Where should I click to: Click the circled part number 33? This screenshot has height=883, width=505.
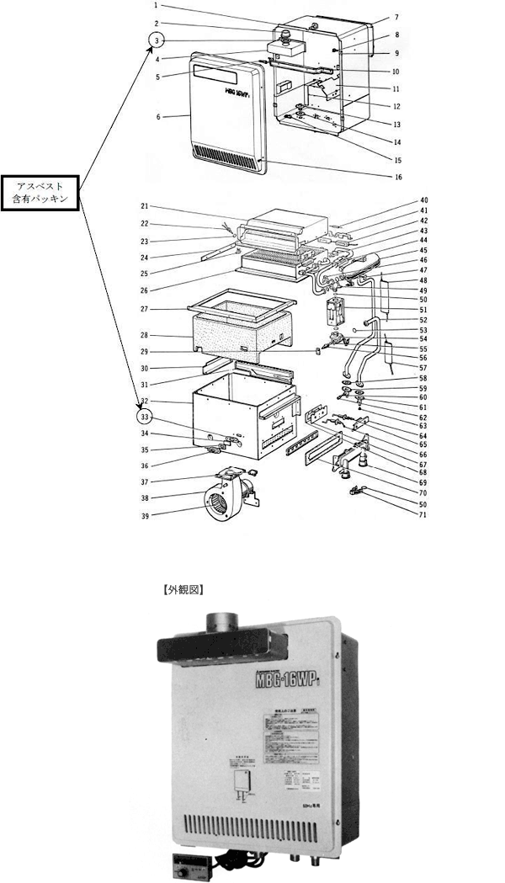145,415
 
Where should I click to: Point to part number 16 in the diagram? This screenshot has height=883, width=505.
398,177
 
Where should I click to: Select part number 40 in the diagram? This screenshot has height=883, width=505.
424,200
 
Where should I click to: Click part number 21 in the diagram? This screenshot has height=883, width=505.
145,206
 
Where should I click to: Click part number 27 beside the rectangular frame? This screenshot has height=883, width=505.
145,309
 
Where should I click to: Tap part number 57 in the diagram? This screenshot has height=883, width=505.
424,368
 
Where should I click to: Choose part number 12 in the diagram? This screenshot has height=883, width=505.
396,106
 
